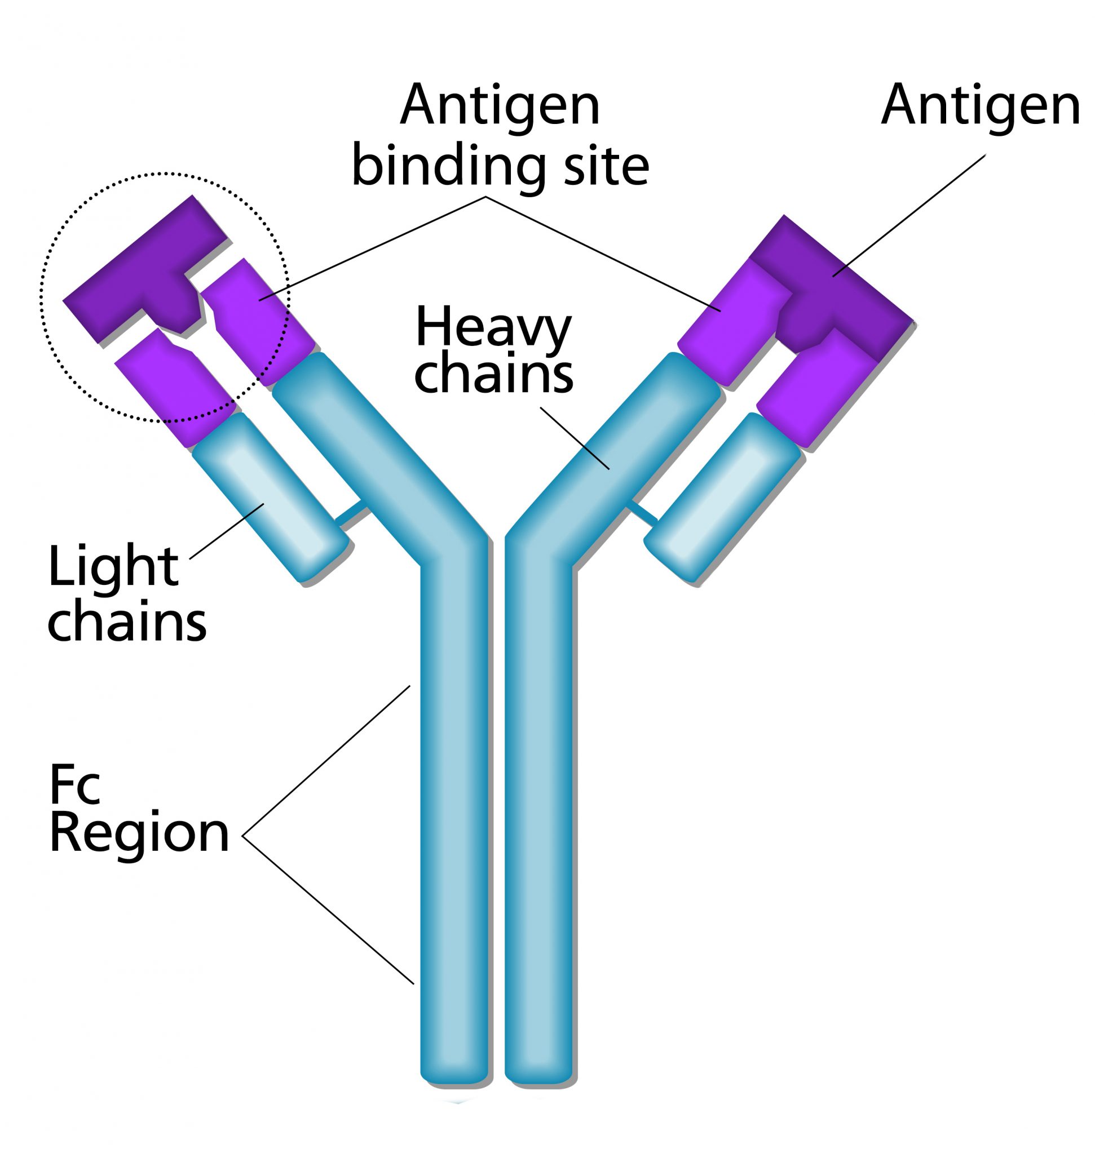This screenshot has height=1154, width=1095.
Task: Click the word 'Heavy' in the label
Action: point(493,330)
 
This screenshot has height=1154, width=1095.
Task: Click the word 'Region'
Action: point(139,835)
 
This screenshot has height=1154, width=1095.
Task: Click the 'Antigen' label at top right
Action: point(981,105)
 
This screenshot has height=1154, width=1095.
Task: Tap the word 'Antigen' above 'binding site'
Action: point(500,105)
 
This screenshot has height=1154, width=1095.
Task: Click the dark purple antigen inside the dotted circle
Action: point(146,268)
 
